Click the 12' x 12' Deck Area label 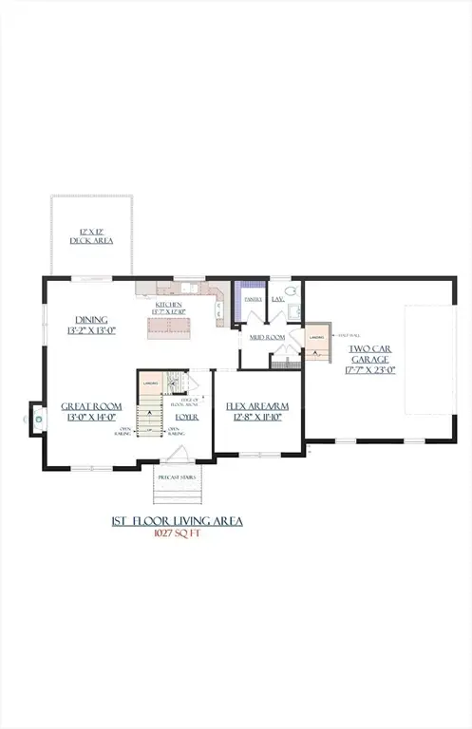[x=91, y=236]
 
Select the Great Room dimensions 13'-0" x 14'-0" [x=88, y=416]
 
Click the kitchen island [x=172, y=327]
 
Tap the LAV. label [x=278, y=299]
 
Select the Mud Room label [x=269, y=337]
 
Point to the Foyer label [x=185, y=416]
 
